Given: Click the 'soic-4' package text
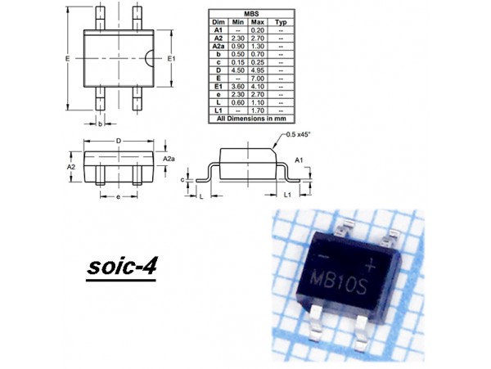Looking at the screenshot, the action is tap(122, 267).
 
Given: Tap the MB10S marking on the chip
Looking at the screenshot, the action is tap(338, 281).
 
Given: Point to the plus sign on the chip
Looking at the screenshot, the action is tap(371, 265).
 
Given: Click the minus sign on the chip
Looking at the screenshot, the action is tap(323, 257).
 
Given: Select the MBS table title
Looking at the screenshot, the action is tap(251, 14).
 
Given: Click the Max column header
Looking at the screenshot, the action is tap(258, 22).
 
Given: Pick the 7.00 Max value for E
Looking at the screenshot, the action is tap(258, 79).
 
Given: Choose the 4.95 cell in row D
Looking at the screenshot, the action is tap(258, 70).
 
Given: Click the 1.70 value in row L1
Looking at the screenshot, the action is tap(258, 110).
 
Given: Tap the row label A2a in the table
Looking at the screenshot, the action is tap(218, 47).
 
